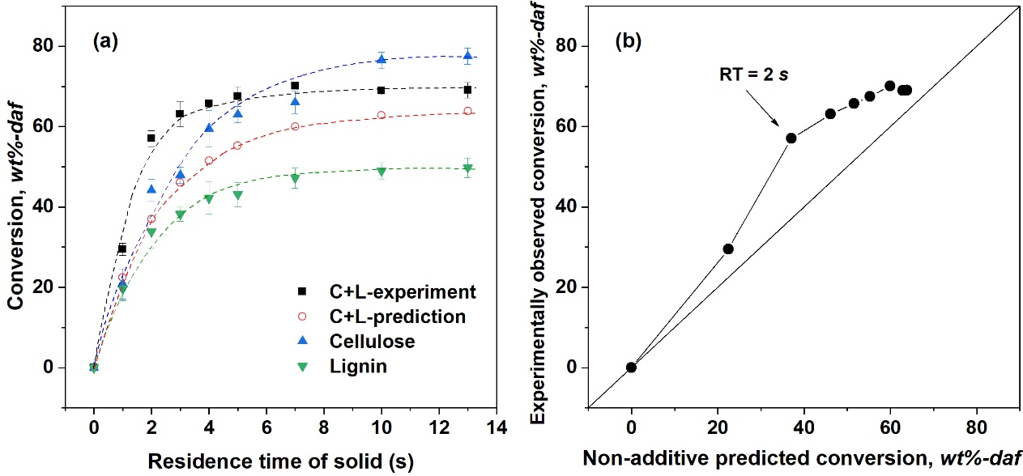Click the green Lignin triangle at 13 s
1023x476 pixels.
[467, 169]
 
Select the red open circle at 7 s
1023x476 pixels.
[295, 126]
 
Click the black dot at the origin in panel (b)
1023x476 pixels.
[631, 368]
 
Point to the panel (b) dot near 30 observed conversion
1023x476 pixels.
[728, 249]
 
